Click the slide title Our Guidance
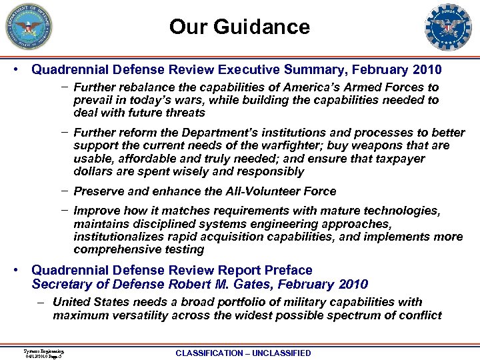pyautogui.click(x=239, y=27)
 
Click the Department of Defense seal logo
pyautogui.click(x=28, y=27)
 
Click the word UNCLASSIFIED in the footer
pyautogui.click(x=278, y=353)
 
